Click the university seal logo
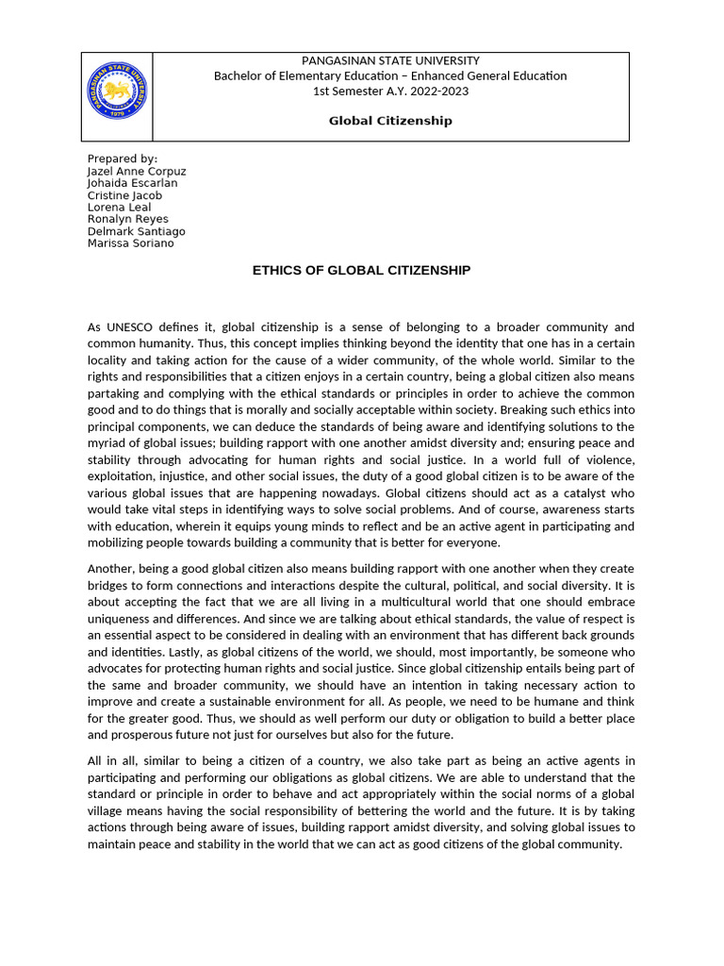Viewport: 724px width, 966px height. (x=117, y=92)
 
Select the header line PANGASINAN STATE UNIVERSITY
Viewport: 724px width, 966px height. (x=390, y=60)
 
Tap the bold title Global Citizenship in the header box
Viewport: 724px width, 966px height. (x=390, y=121)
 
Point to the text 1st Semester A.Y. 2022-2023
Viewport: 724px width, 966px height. (x=390, y=91)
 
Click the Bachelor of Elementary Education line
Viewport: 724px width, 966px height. (x=390, y=75)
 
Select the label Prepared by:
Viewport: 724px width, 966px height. (x=123, y=158)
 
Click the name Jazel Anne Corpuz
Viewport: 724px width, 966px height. (x=137, y=172)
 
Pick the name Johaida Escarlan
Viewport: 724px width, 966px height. (x=132, y=183)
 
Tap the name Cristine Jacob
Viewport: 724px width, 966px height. (x=124, y=195)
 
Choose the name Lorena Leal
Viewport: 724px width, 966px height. (x=119, y=208)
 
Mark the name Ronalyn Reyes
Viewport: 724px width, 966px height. (x=127, y=219)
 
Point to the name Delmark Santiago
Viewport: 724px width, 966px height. (x=136, y=231)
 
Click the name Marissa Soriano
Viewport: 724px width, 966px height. (x=130, y=242)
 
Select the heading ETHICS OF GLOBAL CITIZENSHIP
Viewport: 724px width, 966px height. (x=361, y=271)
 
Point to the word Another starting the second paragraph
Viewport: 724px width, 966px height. (x=112, y=569)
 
